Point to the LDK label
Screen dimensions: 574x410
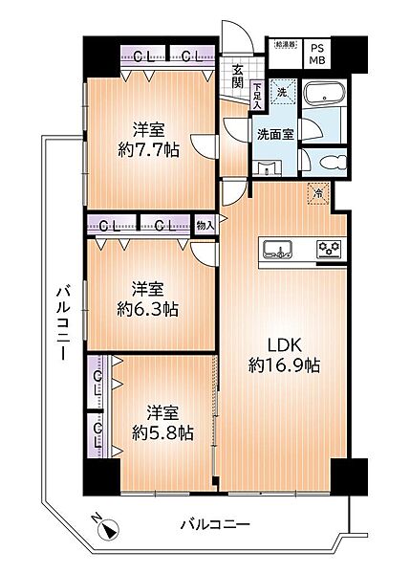[271, 343]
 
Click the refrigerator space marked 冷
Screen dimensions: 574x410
[318, 193]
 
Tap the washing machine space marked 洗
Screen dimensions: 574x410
[282, 93]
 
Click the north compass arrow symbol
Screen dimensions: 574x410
[107, 528]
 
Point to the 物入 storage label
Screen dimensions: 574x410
[204, 226]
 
